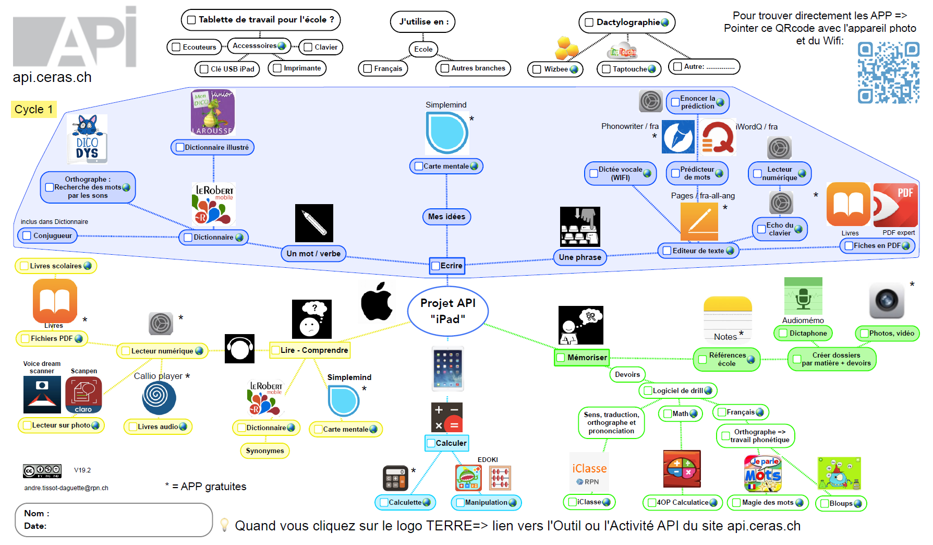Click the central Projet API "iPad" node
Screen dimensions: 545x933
click(x=447, y=311)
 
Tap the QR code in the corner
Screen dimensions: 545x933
click(x=888, y=73)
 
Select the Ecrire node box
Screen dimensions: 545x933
click(x=447, y=266)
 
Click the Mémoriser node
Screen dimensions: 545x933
click(x=581, y=358)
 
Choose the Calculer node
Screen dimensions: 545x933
click(x=447, y=443)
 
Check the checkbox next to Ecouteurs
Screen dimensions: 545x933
click(x=176, y=47)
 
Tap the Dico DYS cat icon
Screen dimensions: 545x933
click(x=87, y=139)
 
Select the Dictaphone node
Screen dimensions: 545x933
click(x=803, y=333)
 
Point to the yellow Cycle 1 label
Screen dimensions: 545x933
click(x=33, y=109)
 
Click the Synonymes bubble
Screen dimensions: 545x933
click(x=265, y=451)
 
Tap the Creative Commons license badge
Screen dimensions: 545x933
click(x=42, y=471)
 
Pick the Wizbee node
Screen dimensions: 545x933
click(x=555, y=69)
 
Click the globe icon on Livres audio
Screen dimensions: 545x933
click(x=183, y=426)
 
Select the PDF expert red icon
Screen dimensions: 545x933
click(x=895, y=205)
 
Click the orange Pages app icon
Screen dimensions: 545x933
click(x=699, y=221)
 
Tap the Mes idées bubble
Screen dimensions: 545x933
click(x=446, y=217)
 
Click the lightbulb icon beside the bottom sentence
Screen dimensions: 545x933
click(x=224, y=525)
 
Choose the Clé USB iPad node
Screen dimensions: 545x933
click(x=227, y=69)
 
